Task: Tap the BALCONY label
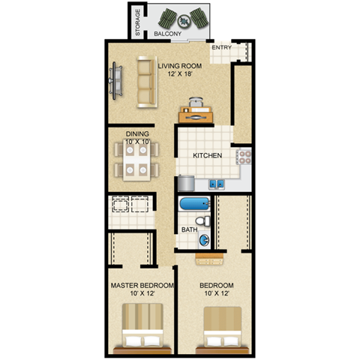[167, 34]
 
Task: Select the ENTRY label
[221, 48]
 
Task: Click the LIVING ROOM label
[180, 66]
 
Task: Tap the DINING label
[137, 133]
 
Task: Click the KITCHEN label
[207, 156]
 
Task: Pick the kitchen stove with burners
[244, 157]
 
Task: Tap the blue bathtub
[196, 204]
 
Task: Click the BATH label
[189, 229]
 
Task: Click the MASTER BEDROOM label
[142, 286]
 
